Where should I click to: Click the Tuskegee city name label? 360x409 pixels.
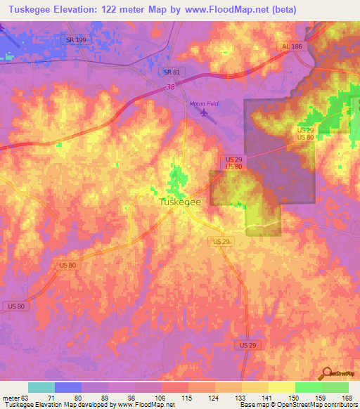[x=178, y=201]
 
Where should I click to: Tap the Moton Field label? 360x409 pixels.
[x=205, y=104]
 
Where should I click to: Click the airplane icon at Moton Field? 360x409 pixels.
[x=205, y=112]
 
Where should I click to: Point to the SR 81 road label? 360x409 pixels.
[x=171, y=72]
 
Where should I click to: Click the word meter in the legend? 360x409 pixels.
[x=9, y=397]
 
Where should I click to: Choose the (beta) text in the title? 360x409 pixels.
[x=279, y=10]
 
